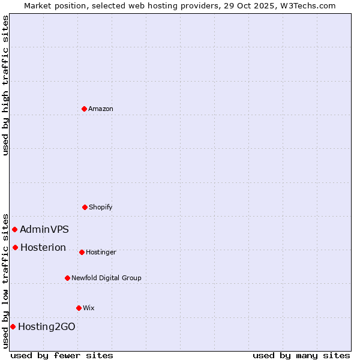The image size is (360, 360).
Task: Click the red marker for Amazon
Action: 84,109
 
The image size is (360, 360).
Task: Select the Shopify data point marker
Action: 85,207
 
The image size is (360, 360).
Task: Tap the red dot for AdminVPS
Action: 14,229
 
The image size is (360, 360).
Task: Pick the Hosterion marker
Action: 15,247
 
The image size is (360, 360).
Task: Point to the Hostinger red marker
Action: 82,252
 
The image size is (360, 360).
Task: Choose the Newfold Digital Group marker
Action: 67,278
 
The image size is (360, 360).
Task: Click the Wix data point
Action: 79,308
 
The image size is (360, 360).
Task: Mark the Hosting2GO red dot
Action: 13,326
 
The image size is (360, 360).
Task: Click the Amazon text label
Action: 101,109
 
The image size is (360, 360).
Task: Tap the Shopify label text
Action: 101,207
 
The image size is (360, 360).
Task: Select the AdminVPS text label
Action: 44,229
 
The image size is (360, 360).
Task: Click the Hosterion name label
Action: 43,247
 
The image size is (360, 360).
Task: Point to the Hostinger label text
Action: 101,252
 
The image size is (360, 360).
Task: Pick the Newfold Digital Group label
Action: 106,278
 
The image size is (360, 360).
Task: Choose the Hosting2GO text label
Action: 47,326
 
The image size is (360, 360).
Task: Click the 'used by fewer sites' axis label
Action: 62,355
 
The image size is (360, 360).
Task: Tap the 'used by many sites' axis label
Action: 301,355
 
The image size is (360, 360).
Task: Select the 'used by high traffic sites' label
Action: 5,85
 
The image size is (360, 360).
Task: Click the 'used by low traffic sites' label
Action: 5,280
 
